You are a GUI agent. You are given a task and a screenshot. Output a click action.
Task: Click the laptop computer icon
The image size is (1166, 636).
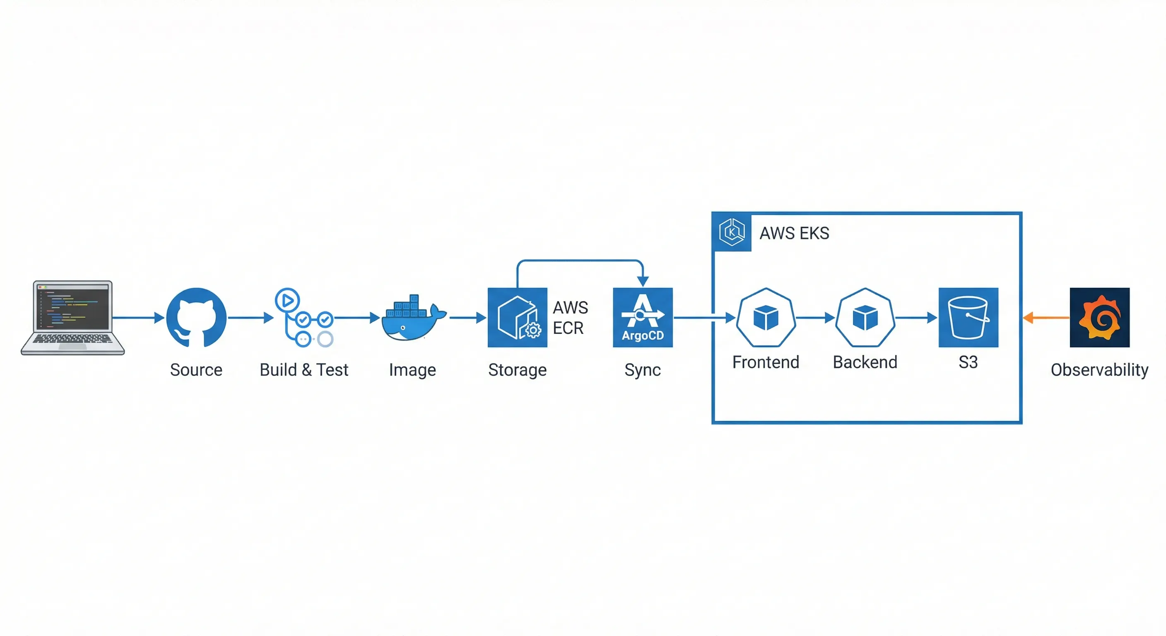[72, 317]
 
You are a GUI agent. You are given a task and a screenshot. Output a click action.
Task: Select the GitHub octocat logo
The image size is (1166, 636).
[196, 317]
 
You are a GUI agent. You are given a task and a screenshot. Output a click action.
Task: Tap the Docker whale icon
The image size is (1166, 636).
[412, 319]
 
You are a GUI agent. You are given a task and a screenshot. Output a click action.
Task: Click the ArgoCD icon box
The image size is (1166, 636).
[642, 317]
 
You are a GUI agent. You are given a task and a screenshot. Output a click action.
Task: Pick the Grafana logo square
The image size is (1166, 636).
[1099, 317]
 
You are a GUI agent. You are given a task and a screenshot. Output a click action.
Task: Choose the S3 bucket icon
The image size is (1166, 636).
[968, 317]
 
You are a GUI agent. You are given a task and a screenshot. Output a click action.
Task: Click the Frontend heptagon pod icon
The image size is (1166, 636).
[766, 317]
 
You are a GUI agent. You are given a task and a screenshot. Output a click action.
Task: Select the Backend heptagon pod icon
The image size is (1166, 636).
[865, 317]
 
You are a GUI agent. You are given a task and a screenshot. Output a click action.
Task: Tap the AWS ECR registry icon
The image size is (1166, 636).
[517, 317]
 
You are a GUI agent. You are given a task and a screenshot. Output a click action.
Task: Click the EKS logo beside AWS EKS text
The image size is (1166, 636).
[732, 232]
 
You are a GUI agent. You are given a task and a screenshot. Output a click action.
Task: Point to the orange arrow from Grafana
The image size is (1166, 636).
[1046, 318]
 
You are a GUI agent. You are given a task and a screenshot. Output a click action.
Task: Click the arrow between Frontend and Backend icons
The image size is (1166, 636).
[815, 318]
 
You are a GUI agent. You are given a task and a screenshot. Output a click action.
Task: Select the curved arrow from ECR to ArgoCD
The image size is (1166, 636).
[579, 260]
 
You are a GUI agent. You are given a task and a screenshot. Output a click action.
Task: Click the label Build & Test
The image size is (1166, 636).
[304, 370]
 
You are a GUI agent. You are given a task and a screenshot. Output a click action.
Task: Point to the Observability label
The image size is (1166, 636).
[1099, 370]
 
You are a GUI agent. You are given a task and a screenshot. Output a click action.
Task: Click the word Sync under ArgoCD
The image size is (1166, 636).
[642, 370]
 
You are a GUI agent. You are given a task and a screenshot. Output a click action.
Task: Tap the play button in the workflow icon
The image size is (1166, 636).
[287, 300]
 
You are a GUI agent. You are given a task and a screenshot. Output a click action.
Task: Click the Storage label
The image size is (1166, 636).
[517, 370]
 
